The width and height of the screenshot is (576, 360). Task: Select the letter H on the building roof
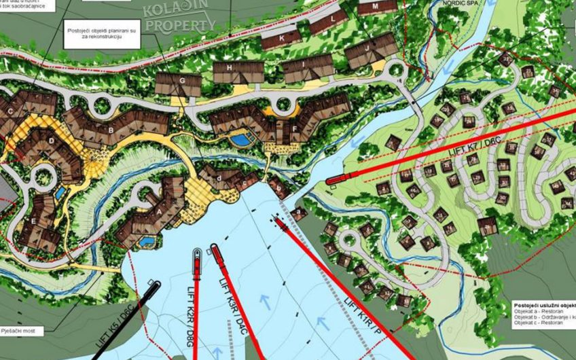click(231, 69)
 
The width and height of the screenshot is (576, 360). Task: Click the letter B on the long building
click(111, 129)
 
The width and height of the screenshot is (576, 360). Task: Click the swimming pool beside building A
click(146, 241)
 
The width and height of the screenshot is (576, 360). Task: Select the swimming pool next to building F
click(239, 140)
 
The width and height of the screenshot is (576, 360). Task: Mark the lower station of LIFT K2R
click(197, 257)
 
